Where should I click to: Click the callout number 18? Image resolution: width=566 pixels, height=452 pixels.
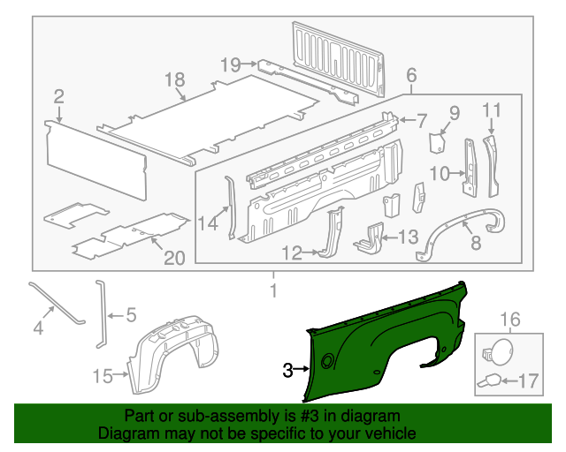pyautogui.click(x=174, y=80)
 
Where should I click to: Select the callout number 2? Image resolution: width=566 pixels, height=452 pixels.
pyautogui.click(x=58, y=96)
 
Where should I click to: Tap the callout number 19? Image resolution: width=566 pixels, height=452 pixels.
pyautogui.click(x=230, y=64)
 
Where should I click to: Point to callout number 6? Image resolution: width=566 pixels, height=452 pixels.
pyautogui.click(x=411, y=76)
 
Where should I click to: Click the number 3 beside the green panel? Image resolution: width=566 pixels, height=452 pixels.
pyautogui.click(x=287, y=371)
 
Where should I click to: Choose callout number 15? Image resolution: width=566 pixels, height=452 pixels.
pyautogui.click(x=103, y=377)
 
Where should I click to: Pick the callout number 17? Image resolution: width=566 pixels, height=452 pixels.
pyautogui.click(x=528, y=381)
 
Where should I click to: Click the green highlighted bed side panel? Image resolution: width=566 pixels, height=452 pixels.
pyautogui.click(x=389, y=335)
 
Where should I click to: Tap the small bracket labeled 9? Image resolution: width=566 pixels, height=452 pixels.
pyautogui.click(x=437, y=143)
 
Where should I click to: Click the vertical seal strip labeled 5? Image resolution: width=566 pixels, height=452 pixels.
pyautogui.click(x=99, y=313)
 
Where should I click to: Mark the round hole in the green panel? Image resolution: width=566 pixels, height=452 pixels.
pyautogui.click(x=328, y=360)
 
